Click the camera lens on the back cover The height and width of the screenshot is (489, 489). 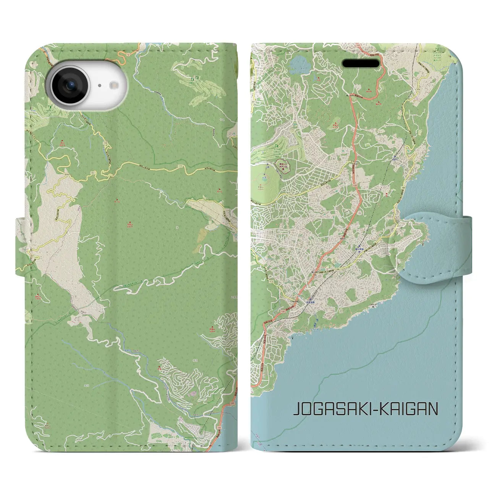coord(70,86)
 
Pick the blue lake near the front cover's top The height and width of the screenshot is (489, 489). coord(298,66)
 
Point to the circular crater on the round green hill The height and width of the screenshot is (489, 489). coord(265,178)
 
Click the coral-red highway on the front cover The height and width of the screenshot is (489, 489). coord(356,160)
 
